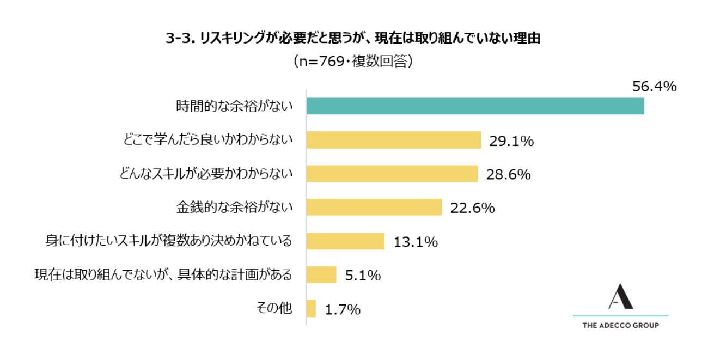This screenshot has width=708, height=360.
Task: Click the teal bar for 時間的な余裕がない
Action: tap(475, 106)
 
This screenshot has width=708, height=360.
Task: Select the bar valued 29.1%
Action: tap(393, 140)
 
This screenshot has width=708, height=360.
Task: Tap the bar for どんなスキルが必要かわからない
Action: tap(392, 174)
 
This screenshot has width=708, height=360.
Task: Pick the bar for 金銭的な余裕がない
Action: tap(374, 207)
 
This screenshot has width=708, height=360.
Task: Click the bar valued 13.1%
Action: tap(345, 241)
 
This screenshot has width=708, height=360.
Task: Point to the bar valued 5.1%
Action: tap(321, 275)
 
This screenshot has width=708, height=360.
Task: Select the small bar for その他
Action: tap(311, 309)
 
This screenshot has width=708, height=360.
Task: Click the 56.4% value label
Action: tap(654, 87)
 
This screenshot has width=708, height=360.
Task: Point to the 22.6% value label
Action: tap(472, 208)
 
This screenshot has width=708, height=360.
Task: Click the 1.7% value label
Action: tap(343, 310)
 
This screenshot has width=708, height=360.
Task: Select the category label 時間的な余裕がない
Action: tap(234, 106)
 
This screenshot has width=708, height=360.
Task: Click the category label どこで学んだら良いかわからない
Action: tap(207, 140)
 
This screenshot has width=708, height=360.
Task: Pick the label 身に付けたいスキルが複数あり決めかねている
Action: tap(169, 241)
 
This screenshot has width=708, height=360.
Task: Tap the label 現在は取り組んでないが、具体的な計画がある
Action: tap(163, 275)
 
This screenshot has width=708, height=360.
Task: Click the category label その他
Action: tap(274, 309)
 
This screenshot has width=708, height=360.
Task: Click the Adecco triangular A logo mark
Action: tap(620, 296)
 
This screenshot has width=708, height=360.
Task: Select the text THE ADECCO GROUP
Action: tap(620, 326)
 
